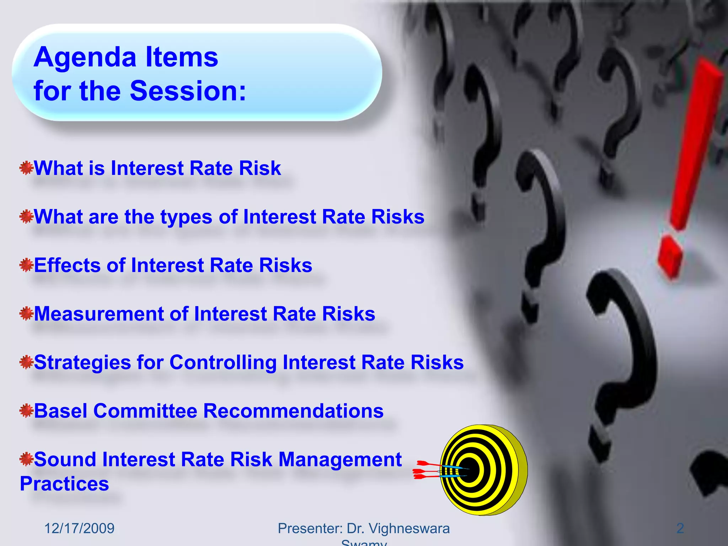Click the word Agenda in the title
pos(85,58)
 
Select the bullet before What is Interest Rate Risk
pos(26,168)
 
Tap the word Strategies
pos(82,363)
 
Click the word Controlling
pos(223,363)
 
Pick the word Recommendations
pos(293,411)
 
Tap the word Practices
pos(64,484)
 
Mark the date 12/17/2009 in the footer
pos(79,529)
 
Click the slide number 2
pos(680,529)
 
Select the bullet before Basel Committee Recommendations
pos(26,411)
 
